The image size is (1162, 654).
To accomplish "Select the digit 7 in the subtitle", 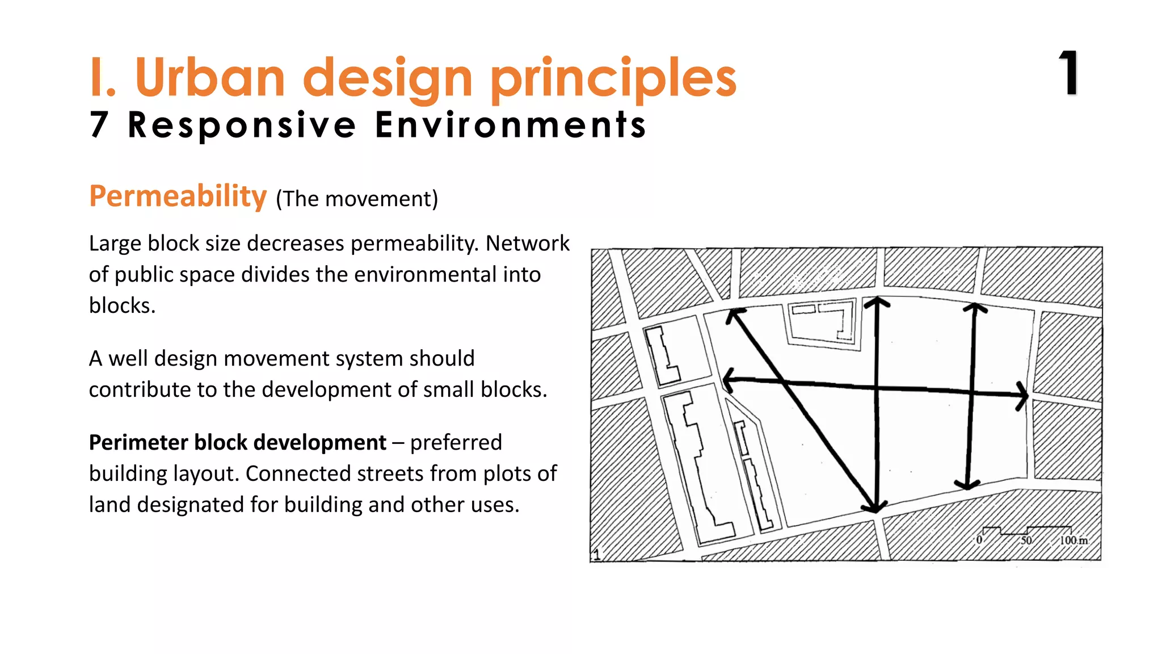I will [x=99, y=124].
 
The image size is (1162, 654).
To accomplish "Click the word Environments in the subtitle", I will [x=510, y=125].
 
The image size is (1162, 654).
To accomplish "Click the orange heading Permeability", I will [x=178, y=196].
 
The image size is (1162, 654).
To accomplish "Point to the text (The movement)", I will [x=357, y=199].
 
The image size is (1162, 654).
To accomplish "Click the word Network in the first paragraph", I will [x=527, y=243].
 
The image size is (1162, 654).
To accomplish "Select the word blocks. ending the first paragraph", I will [x=122, y=305].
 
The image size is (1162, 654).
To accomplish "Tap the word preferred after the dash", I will [x=456, y=442].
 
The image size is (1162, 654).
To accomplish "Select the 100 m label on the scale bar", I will [x=1073, y=540].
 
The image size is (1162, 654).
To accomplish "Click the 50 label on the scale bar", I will [x=1026, y=540].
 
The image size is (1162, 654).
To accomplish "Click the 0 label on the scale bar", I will [x=979, y=540].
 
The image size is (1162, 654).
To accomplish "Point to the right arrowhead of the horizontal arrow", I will [x=1022, y=395].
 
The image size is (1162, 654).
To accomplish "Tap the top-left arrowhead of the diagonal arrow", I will [x=734, y=315].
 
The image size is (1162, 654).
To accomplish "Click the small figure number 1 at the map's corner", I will [x=596, y=554].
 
